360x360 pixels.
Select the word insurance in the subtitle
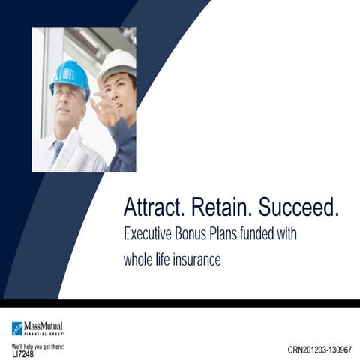coord(196,259)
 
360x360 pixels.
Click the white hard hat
coord(118,63)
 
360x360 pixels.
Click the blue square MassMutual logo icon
coord(17,328)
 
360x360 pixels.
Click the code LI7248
coord(22,353)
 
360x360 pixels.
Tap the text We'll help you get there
coord(37,346)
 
